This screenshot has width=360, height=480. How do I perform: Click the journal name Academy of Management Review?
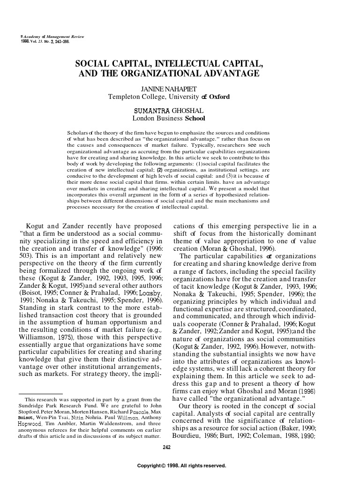click(47, 36)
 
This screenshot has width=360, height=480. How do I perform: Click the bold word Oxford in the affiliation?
click(219, 97)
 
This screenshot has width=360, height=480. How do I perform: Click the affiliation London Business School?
click(169, 119)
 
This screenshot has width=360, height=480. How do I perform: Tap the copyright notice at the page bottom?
click(181, 466)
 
